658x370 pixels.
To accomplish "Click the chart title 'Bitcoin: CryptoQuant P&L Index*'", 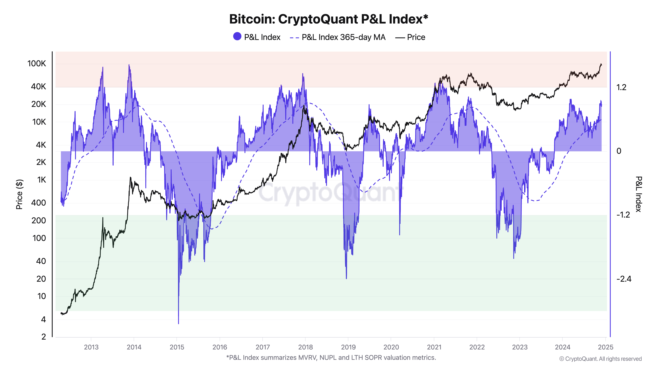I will point(329,19).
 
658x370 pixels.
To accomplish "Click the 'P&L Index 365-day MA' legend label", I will point(343,37).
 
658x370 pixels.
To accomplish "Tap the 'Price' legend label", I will point(416,37).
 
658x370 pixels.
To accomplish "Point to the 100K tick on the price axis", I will point(37,64).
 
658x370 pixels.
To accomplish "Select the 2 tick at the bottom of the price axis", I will point(44,337).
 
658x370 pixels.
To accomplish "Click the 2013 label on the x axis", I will point(91,347).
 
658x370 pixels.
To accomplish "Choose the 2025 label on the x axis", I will point(605,347).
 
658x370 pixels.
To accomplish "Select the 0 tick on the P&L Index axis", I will point(619,151).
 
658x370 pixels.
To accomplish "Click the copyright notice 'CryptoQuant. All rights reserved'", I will point(603,359).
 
